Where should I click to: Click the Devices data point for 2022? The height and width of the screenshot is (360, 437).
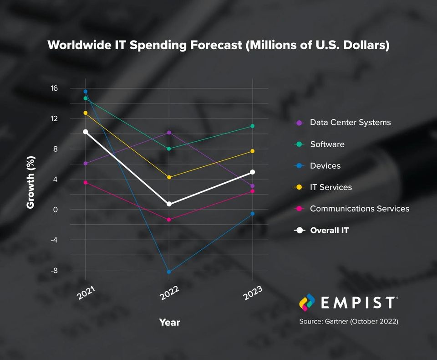click(169, 272)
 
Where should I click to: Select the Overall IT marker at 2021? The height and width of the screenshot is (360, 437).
click(86, 132)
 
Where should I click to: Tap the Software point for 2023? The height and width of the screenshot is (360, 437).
click(253, 126)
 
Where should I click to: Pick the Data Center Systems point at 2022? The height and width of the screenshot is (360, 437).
click(169, 133)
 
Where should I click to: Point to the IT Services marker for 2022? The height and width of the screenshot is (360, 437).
click(169, 177)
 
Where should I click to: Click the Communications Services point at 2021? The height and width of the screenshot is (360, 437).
click(86, 183)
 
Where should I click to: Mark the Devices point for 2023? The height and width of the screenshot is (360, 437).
click(253, 214)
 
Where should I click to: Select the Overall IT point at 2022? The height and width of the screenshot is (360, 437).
click(169, 204)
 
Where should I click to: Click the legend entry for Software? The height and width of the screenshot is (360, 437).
click(327, 144)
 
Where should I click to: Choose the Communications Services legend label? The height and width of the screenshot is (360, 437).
click(360, 209)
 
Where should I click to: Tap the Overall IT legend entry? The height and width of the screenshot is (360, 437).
click(330, 230)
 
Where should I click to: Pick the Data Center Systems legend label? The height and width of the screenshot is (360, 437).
click(351, 123)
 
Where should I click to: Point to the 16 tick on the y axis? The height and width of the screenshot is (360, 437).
click(54, 88)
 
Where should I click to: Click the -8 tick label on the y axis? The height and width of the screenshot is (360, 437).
click(54, 270)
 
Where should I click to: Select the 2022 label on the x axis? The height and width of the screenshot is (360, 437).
click(169, 293)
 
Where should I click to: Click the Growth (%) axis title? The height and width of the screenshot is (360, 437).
click(30, 182)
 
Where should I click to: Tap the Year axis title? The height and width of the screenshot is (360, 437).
click(170, 322)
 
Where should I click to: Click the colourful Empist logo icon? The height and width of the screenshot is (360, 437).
click(307, 303)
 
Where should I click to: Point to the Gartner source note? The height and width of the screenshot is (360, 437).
click(349, 321)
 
